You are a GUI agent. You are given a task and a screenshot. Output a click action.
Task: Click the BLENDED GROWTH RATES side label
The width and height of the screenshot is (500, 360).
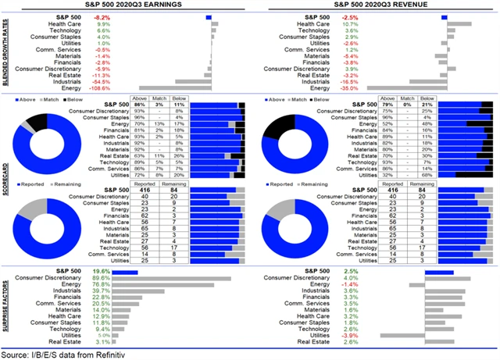click(6, 51)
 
